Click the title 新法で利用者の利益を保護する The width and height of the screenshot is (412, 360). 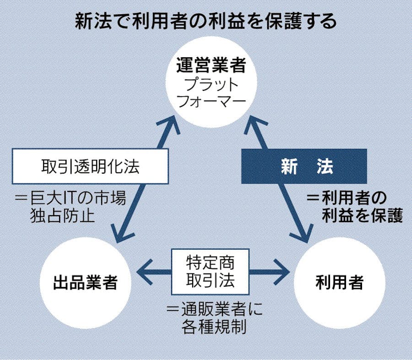pos(206,22)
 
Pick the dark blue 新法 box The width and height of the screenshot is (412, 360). pos(304,166)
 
